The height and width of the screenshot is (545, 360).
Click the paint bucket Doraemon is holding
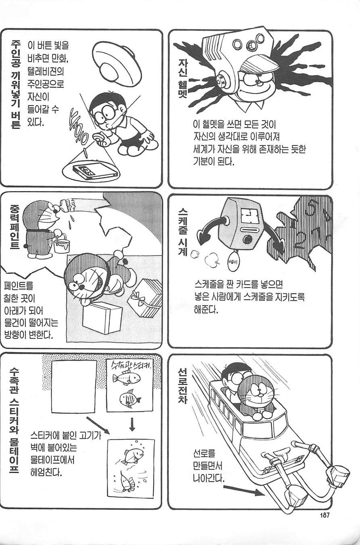[x=61, y=243]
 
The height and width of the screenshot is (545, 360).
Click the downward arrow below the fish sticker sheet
[x=132, y=424]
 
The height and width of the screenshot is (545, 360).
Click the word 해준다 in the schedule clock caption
[x=205, y=310]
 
